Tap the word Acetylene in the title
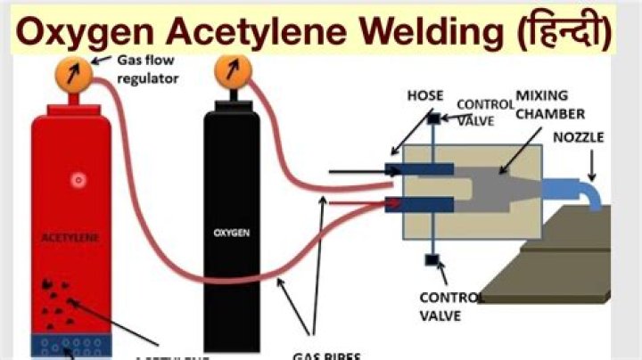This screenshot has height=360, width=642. pyautogui.click(x=264, y=33)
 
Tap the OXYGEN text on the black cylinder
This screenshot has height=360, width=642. pyautogui.click(x=230, y=233)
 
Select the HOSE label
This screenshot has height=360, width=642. pyautogui.click(x=424, y=95)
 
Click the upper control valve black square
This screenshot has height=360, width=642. pyautogui.click(x=432, y=119)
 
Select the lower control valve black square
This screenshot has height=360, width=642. pyautogui.click(x=432, y=260)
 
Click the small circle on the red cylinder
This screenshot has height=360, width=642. pyautogui.click(x=78, y=179)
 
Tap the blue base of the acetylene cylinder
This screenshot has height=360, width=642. pyautogui.click(x=71, y=344)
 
